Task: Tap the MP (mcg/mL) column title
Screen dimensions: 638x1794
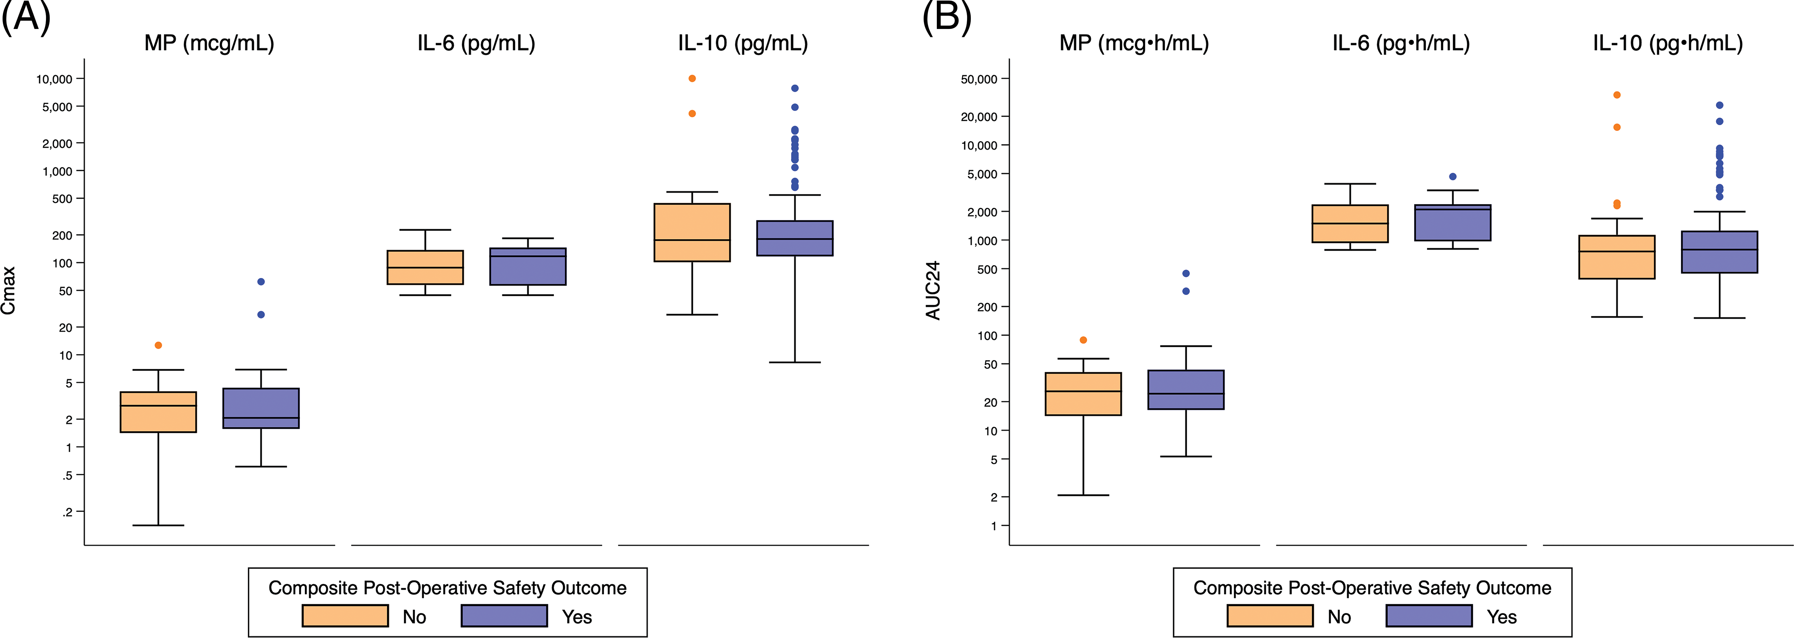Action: [209, 43]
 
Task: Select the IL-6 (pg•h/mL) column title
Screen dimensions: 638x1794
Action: [1401, 43]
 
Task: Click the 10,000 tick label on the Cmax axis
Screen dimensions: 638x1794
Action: [54, 79]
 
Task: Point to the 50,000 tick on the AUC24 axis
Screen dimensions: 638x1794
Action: [979, 79]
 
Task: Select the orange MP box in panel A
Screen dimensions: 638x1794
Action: [158, 412]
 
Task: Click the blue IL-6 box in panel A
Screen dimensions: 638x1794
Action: [528, 266]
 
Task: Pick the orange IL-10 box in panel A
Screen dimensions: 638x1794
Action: [692, 232]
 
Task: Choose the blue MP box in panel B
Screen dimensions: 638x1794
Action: [1186, 390]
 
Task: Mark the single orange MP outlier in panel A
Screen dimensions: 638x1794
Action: [158, 345]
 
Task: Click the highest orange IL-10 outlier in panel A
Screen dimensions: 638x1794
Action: [692, 79]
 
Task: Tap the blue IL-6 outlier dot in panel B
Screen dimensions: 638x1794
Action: [1453, 177]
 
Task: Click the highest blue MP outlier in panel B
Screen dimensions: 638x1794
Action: [1186, 274]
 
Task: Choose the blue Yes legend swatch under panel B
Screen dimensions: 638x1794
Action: [1429, 616]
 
